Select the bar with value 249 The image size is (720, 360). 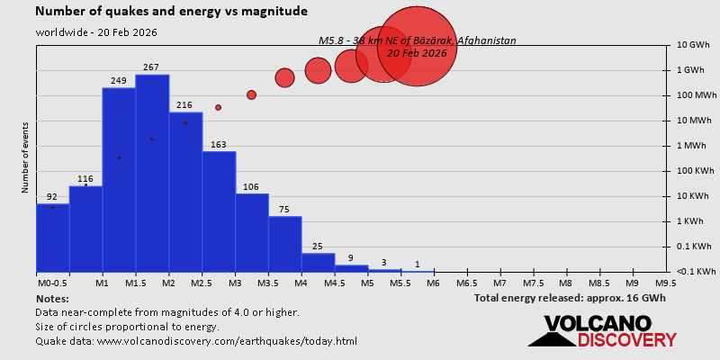click(119, 179)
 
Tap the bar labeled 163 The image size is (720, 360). click(219, 211)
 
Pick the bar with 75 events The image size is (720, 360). click(284, 244)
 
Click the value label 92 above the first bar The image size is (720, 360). click(52, 197)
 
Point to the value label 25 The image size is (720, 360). click(318, 247)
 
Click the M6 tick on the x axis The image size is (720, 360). click(433, 283)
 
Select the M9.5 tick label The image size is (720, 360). click(666, 283)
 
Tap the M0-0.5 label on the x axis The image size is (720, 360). click(51, 283)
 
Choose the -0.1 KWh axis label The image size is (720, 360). click(694, 272)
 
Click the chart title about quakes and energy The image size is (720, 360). click(172, 12)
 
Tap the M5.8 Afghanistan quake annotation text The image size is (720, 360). click(418, 41)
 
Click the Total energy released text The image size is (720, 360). click(570, 298)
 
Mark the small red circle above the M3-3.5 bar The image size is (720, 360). click(251, 95)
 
